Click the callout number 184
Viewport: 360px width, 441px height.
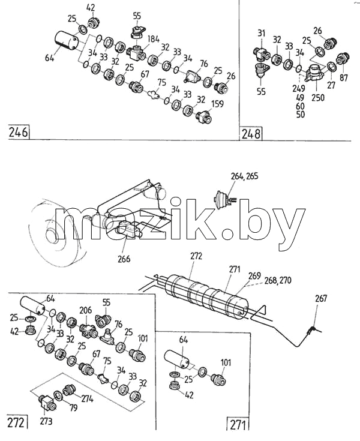[152, 39]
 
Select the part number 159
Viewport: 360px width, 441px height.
[217, 104]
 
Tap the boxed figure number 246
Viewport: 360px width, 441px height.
[19, 132]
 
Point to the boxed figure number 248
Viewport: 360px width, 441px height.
[251, 134]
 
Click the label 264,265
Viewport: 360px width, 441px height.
[244, 176]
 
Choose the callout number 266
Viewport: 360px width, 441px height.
[124, 259]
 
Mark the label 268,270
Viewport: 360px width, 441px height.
[278, 280]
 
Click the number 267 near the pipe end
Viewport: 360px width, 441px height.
[321, 298]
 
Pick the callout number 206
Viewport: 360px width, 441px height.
[85, 310]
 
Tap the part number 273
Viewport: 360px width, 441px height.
[46, 421]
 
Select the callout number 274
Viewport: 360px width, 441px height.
[87, 399]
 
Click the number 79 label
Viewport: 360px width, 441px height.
[73, 407]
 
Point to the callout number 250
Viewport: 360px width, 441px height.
[318, 98]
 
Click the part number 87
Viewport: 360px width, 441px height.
[344, 77]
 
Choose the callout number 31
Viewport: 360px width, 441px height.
[262, 33]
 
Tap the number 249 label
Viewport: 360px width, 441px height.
[298, 88]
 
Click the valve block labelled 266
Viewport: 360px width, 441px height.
[127, 229]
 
